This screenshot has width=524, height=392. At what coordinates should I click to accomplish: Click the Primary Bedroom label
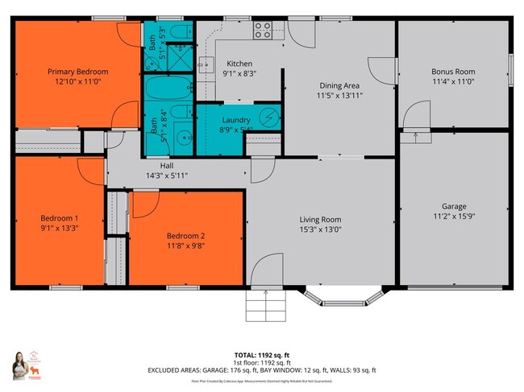coord(77,72)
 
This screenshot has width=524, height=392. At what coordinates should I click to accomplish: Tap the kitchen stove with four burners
coord(263,31)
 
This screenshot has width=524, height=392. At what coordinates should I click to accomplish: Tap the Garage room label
coord(453,206)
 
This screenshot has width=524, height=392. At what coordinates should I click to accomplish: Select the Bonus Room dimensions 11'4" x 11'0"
coord(453,81)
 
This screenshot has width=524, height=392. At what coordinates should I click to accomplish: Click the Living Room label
coord(320,220)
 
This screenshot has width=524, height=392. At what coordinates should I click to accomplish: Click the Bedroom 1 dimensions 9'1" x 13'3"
coord(60,228)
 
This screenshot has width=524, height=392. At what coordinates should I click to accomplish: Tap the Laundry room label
coord(236,119)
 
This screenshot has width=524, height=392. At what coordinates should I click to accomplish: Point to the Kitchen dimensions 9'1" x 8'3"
coord(239,74)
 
